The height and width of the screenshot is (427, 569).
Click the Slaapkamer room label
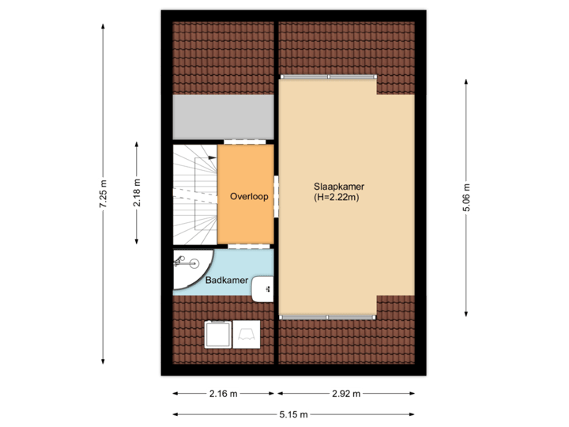pos(338,187)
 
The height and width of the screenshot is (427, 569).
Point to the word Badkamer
pos(227,281)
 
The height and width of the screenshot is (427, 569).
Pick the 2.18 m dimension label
pos(138,193)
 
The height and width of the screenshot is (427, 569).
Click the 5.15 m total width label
pos(293,414)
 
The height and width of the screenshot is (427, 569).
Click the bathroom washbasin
pos(262,290)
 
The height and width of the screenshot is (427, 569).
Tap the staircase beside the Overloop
pos(194,195)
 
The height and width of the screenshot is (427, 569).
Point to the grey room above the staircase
pos(223,119)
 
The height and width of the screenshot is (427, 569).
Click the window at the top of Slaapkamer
pos(327,77)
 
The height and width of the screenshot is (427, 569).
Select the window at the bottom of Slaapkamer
pos(327,317)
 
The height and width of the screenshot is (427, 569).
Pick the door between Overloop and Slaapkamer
pos(276,195)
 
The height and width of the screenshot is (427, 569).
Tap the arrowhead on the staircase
pos(211,158)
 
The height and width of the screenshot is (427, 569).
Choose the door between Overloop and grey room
pos(244,142)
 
